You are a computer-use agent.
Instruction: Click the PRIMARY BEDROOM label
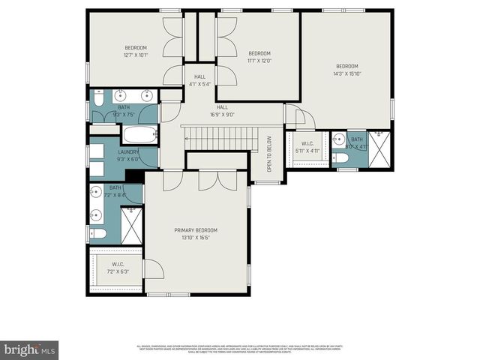[196, 230]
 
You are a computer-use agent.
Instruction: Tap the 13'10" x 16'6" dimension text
[196, 238]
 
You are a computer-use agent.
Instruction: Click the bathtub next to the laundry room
[140, 136]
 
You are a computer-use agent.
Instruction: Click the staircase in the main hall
[221, 137]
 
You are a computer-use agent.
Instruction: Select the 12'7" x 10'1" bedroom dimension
[136, 55]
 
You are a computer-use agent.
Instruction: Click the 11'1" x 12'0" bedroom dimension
[259, 61]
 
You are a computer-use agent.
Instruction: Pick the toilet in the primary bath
[97, 234]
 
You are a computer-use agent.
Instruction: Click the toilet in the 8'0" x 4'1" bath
[339, 158]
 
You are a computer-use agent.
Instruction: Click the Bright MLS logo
[29, 349]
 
